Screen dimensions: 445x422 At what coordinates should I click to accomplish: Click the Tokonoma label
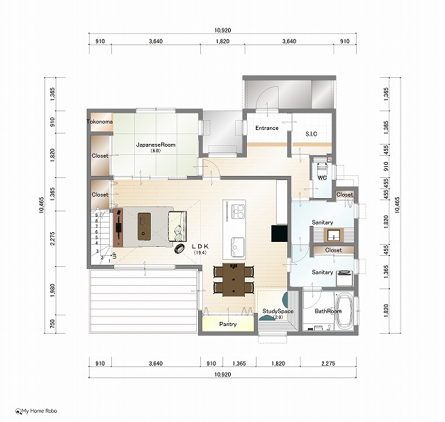click(99, 122)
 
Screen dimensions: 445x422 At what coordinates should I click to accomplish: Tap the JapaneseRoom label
click(156, 145)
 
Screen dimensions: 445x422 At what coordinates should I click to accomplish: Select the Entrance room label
click(267, 128)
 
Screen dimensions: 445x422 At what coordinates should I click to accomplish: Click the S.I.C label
click(311, 134)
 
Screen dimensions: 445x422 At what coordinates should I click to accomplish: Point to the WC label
click(322, 178)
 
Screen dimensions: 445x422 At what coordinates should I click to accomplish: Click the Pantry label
click(228, 324)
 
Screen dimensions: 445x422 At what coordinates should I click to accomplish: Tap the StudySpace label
click(278, 311)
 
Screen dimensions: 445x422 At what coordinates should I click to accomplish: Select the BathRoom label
click(328, 311)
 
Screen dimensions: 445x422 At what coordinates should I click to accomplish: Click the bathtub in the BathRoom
click(344, 311)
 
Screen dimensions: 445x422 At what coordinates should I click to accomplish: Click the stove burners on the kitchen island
click(238, 211)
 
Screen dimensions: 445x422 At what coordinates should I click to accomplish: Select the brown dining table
click(234, 279)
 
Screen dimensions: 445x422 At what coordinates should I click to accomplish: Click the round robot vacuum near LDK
click(179, 249)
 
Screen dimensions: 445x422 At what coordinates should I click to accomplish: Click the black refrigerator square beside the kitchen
click(280, 234)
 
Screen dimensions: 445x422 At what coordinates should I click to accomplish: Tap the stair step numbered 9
click(97, 215)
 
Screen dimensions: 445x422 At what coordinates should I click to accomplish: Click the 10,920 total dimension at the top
click(222, 30)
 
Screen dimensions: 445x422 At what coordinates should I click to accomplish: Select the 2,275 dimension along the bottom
click(328, 364)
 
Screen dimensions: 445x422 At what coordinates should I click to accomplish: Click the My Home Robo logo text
click(40, 411)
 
